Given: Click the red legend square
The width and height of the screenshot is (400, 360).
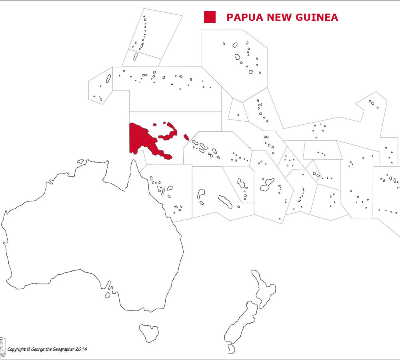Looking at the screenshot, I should [x=210, y=17].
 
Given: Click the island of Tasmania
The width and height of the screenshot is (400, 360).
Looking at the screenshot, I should [x=149, y=332].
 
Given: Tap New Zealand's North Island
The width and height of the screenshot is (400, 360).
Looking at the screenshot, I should [x=264, y=288].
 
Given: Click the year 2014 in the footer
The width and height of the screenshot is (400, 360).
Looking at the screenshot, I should [x=80, y=349].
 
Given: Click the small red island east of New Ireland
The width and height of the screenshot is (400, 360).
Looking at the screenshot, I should [x=186, y=137].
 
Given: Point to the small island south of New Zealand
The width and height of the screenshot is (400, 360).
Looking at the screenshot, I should [x=232, y=349].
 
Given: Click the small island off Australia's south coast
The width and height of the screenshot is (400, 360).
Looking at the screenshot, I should [x=107, y=295].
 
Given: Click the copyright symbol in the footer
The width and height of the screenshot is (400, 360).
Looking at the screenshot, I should [x=28, y=349].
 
